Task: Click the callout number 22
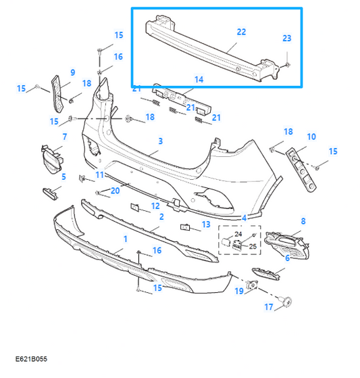pyautogui.click(x=241, y=32)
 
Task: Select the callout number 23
pyautogui.click(x=287, y=38)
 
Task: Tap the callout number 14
pyautogui.click(x=199, y=79)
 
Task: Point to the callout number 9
pyautogui.click(x=73, y=72)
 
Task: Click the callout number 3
pyautogui.click(x=161, y=141)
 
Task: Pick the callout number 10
pyautogui.click(x=311, y=137)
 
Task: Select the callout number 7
pyautogui.click(x=65, y=137)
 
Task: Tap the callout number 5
pyautogui.click(x=63, y=176)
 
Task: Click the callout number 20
pyautogui.click(x=115, y=191)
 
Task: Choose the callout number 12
pyautogui.click(x=155, y=206)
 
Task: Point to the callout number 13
pyautogui.click(x=206, y=225)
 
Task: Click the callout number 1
pyautogui.click(x=125, y=239)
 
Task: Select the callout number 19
pyautogui.click(x=239, y=291)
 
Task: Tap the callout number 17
pyautogui.click(x=269, y=307)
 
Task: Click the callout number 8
pyautogui.click(x=303, y=221)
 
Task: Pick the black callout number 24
pyautogui.click(x=238, y=234)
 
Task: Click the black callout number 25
pyautogui.click(x=253, y=246)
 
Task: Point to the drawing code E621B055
pyautogui.click(x=31, y=359)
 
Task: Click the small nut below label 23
pyautogui.click(x=287, y=65)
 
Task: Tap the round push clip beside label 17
pyautogui.click(x=286, y=302)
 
